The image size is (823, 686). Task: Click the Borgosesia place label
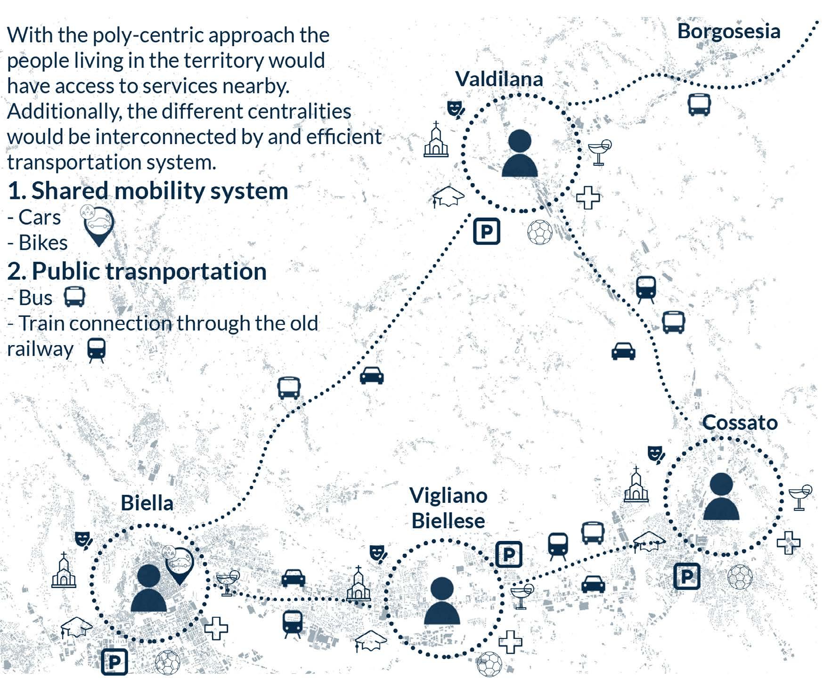(728, 32)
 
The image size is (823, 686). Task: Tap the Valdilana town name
(499, 79)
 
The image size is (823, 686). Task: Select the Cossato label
(740, 422)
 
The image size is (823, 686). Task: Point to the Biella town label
(147, 503)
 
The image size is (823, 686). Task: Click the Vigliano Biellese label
(448, 508)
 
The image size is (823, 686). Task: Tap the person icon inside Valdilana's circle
(520, 153)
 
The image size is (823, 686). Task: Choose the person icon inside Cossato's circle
(721, 496)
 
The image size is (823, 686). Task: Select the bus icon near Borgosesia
(699, 105)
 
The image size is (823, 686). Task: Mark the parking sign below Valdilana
(486, 231)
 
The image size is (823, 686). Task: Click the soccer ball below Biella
(167, 662)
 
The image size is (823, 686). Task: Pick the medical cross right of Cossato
(788, 542)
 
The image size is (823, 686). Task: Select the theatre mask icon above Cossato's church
(655, 455)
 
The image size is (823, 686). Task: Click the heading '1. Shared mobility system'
(148, 191)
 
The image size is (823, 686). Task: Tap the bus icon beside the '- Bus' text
(74, 297)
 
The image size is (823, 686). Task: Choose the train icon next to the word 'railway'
(97, 350)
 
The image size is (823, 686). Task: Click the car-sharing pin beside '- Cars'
(98, 225)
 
